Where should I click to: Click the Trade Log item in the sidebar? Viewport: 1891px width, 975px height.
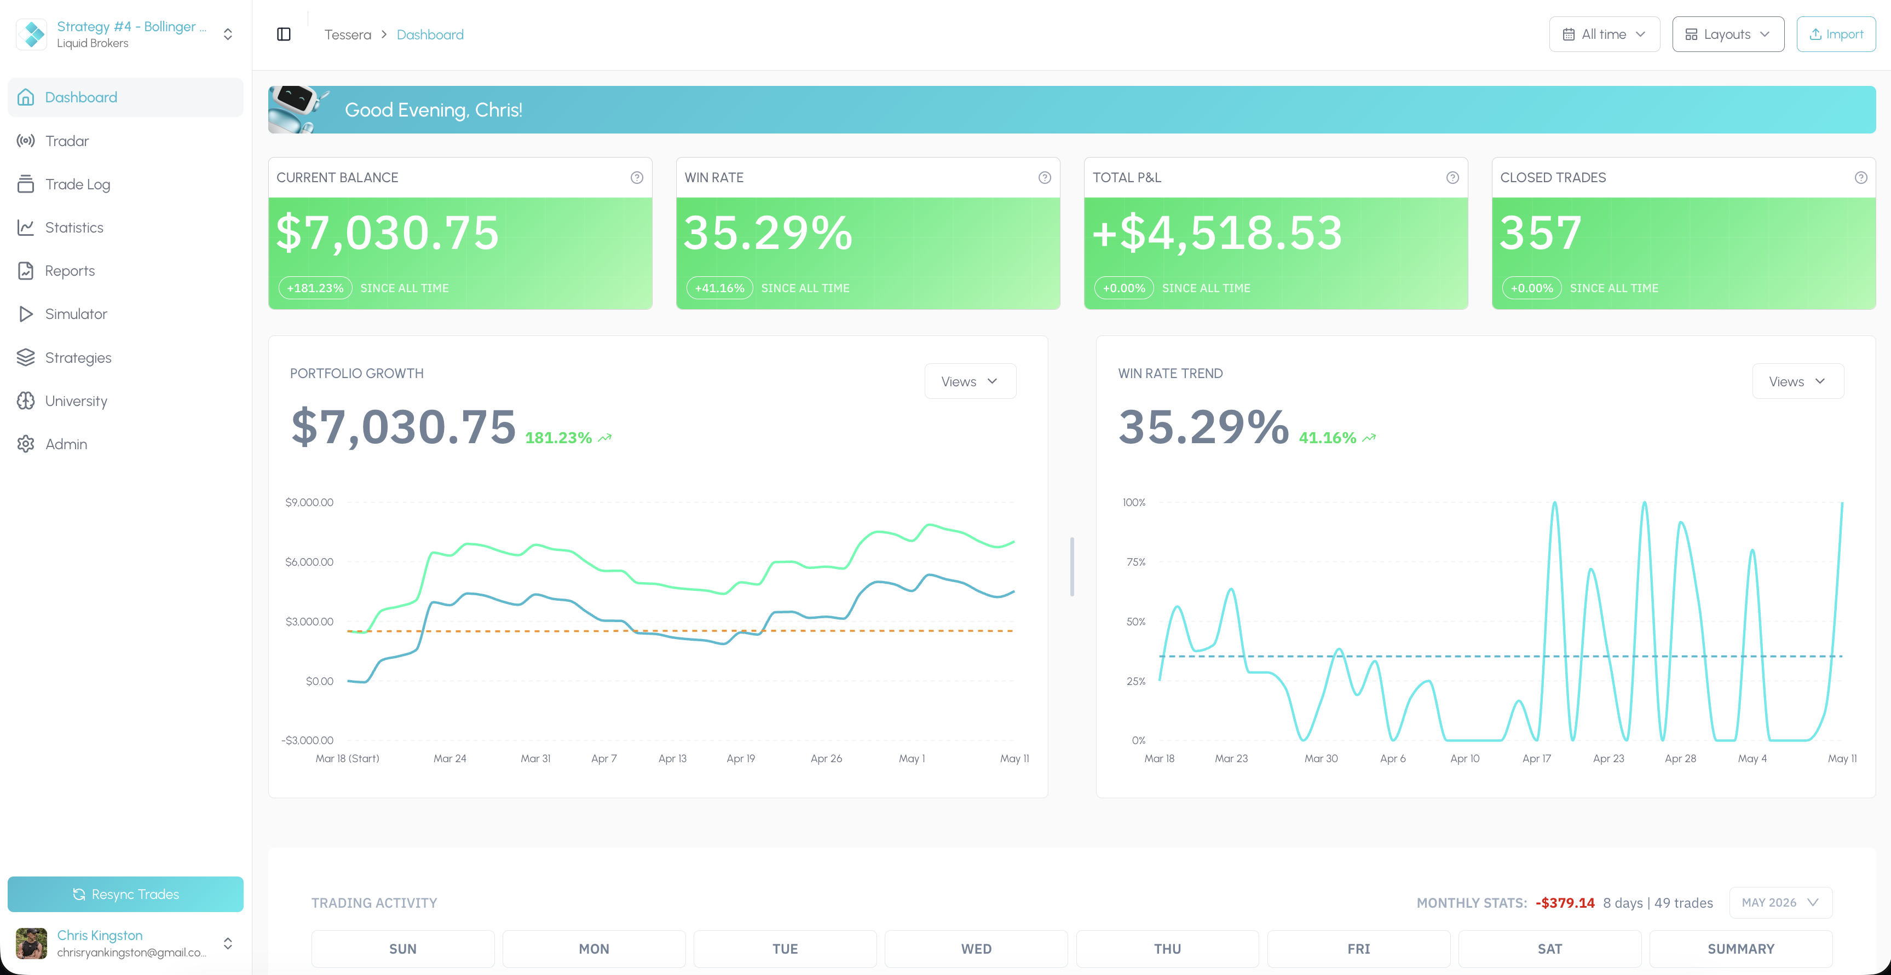point(77,184)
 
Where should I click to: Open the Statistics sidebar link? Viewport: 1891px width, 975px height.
point(73,228)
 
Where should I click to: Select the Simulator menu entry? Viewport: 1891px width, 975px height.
point(76,314)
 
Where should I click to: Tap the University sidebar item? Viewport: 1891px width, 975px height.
point(76,401)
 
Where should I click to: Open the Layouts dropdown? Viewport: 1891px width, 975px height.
point(1727,34)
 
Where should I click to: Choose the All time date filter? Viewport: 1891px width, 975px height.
point(1604,34)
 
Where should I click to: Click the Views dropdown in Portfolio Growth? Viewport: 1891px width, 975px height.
point(970,381)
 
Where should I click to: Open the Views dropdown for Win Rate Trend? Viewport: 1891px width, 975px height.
point(1797,381)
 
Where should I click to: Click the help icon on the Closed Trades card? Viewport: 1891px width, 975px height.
point(1860,177)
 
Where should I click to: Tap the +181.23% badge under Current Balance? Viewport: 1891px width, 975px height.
point(315,288)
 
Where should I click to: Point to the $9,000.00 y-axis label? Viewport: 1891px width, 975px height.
point(309,502)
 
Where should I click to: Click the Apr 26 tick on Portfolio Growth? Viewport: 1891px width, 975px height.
point(826,758)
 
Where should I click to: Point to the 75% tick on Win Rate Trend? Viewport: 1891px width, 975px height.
point(1135,562)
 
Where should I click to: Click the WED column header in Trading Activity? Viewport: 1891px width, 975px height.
point(976,949)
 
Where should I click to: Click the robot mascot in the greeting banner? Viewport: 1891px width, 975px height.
point(297,109)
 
